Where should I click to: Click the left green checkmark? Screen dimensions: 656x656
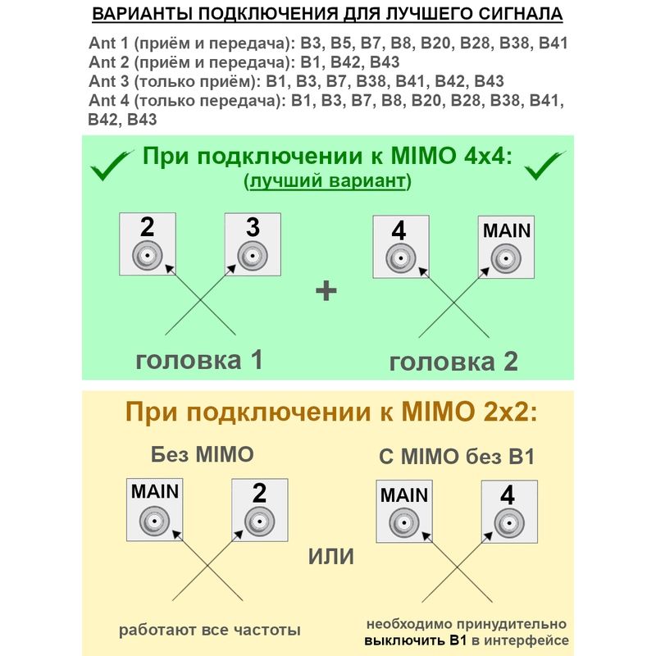pyautogui.click(x=110, y=166)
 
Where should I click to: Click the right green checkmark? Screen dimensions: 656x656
pyautogui.click(x=544, y=166)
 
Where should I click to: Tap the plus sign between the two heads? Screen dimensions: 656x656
pyautogui.click(x=326, y=291)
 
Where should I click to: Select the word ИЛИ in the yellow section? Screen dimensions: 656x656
pyautogui.click(x=331, y=557)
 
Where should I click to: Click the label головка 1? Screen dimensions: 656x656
pyautogui.click(x=199, y=359)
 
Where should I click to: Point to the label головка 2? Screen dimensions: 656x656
pyautogui.click(x=453, y=362)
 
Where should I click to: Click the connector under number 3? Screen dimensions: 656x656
pyautogui.click(x=253, y=256)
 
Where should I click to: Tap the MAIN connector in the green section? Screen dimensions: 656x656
pyautogui.click(x=506, y=258)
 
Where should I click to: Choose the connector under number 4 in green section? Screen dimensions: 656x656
pyautogui.click(x=400, y=258)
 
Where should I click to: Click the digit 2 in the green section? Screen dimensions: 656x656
pyautogui.click(x=148, y=227)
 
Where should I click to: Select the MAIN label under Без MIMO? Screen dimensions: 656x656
pyautogui.click(x=155, y=491)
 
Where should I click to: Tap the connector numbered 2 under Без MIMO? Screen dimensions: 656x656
pyautogui.click(x=259, y=522)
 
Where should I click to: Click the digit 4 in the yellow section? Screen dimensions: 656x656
pyautogui.click(x=508, y=495)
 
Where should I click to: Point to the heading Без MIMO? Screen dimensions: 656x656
pyautogui.click(x=202, y=454)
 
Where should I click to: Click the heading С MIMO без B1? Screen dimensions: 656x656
pyautogui.click(x=457, y=456)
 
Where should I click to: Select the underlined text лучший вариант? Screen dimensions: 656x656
pyautogui.click(x=327, y=180)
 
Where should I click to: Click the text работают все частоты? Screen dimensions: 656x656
pyautogui.click(x=210, y=630)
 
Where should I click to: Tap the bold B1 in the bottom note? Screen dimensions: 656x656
pyautogui.click(x=458, y=640)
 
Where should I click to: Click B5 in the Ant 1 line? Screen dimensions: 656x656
pyautogui.click(x=342, y=43)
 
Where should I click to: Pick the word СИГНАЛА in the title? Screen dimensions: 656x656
pyautogui.click(x=521, y=14)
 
